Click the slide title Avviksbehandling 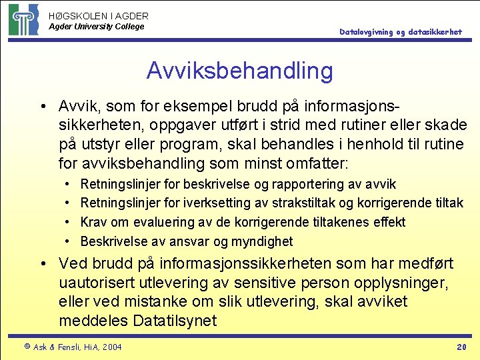(239, 70)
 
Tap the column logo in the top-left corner (23, 19)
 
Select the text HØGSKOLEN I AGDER (99, 15)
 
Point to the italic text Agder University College (96, 27)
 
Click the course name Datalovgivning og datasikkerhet (400, 32)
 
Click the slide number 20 (461, 347)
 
